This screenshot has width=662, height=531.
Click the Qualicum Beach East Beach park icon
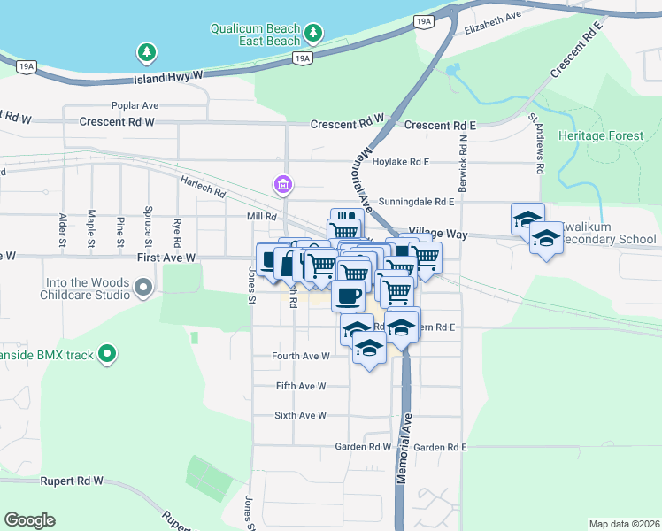pyautogui.click(x=312, y=34)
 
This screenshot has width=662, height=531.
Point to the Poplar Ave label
pyautogui.click(x=135, y=104)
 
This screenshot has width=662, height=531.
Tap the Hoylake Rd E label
pyautogui.click(x=400, y=162)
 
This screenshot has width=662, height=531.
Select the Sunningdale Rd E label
pyautogui.click(x=416, y=202)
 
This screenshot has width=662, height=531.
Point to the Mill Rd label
pyautogui.click(x=263, y=216)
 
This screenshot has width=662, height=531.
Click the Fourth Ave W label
pyautogui.click(x=302, y=356)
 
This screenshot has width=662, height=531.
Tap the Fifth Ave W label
pyautogui.click(x=302, y=386)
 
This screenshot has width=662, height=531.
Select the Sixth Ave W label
pyautogui.click(x=302, y=415)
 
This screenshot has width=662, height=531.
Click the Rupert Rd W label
pyautogui.click(x=72, y=481)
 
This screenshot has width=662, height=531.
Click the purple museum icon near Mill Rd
pyautogui.click(x=283, y=185)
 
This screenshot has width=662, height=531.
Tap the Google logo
pyautogui.click(x=30, y=520)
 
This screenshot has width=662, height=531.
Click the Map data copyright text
pyautogui.click(x=624, y=524)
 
